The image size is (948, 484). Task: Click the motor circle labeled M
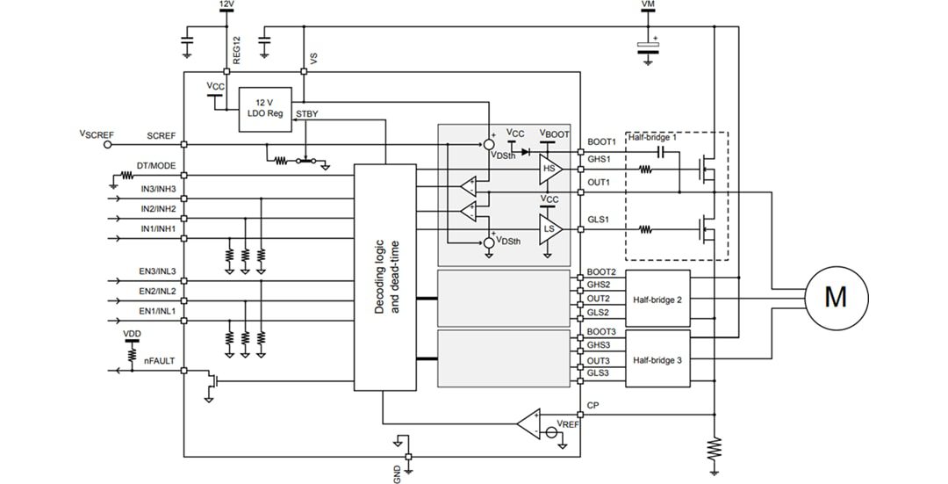coord(835,297)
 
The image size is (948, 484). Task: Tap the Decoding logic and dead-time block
coord(384,277)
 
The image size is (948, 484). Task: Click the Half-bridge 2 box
coord(657,300)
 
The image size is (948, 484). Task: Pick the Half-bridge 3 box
coord(657,360)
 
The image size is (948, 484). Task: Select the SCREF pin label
coord(162,136)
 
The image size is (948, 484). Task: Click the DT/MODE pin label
coord(155,166)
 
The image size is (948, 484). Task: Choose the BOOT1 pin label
coord(601,141)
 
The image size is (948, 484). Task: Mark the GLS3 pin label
coord(598,373)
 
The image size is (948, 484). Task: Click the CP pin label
coord(592,406)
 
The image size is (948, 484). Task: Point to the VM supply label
coord(648,5)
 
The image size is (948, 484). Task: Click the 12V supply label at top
coord(226,5)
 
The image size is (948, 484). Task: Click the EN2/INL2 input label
coord(157,291)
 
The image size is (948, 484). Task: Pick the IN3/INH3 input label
coord(158,189)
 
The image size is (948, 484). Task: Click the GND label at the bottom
coord(397,473)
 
